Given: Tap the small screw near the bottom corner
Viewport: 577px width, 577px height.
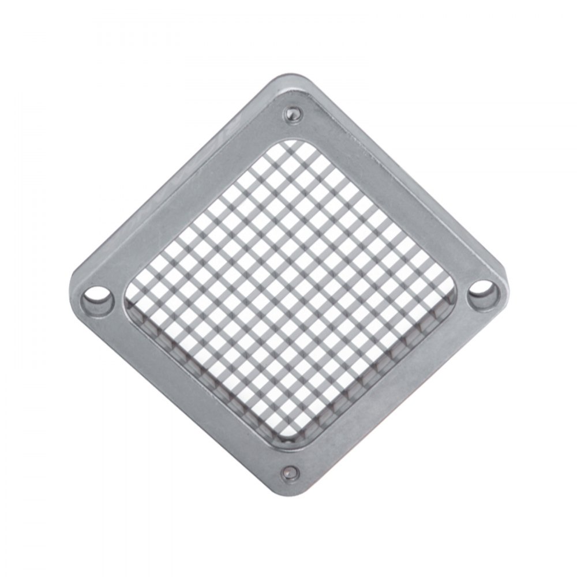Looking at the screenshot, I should coord(290,474).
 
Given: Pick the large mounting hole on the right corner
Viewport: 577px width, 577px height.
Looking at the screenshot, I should coord(482,292).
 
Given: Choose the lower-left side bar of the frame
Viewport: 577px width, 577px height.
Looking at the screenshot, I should coord(185,392).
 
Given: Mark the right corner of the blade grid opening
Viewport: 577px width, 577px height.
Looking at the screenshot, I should coord(456,288).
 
